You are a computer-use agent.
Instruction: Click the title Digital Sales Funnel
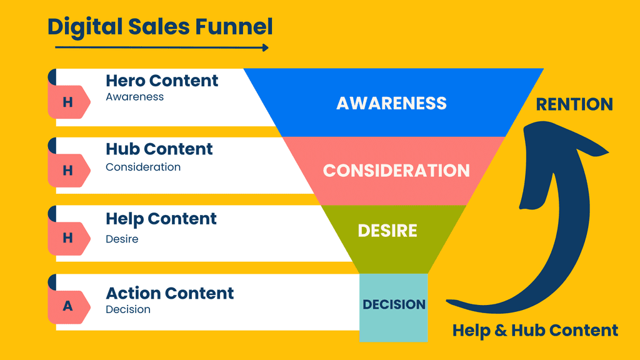click(x=161, y=27)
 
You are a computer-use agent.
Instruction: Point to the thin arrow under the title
click(x=161, y=47)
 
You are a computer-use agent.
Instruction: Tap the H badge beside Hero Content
click(x=68, y=102)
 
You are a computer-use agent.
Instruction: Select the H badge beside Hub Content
click(x=68, y=171)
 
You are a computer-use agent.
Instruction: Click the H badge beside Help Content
click(x=68, y=237)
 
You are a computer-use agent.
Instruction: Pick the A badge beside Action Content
click(x=68, y=306)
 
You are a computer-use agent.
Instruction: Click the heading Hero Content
click(x=162, y=81)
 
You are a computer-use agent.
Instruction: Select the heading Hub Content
click(x=159, y=149)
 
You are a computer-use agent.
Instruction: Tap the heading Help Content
click(x=161, y=219)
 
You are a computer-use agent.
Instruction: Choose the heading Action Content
click(x=170, y=293)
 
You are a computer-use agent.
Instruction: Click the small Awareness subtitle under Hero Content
click(x=134, y=97)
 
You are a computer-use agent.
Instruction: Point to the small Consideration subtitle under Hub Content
click(x=143, y=167)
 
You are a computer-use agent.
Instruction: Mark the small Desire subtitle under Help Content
click(x=122, y=239)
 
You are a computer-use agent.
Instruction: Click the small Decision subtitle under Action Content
click(x=128, y=309)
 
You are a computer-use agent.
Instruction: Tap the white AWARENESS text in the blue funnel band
click(x=391, y=103)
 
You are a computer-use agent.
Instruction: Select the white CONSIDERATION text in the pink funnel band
click(x=396, y=171)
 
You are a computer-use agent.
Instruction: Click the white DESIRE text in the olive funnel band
click(x=387, y=231)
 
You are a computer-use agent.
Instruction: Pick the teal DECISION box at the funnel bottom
click(x=394, y=306)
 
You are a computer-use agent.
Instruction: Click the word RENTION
click(x=574, y=104)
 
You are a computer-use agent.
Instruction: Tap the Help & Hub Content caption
click(x=535, y=330)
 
